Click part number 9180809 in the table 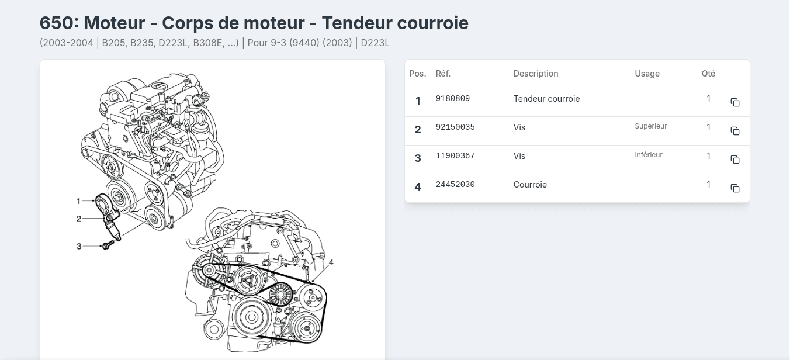[453, 99]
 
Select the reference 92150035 [455, 127]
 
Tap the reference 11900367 [455, 156]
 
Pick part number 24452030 [455, 185]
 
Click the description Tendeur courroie [546, 99]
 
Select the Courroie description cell [530, 185]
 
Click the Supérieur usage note [650, 126]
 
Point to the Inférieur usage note [649, 155]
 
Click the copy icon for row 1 [735, 102]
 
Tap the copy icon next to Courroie [735, 188]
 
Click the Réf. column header [443, 74]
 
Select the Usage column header [647, 74]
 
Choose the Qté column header [708, 74]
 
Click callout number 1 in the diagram [78, 201]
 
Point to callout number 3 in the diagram [79, 247]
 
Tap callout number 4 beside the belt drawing [331, 263]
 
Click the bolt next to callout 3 [108, 245]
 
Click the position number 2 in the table [418, 130]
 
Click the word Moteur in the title [115, 23]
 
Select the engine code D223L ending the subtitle [375, 43]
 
